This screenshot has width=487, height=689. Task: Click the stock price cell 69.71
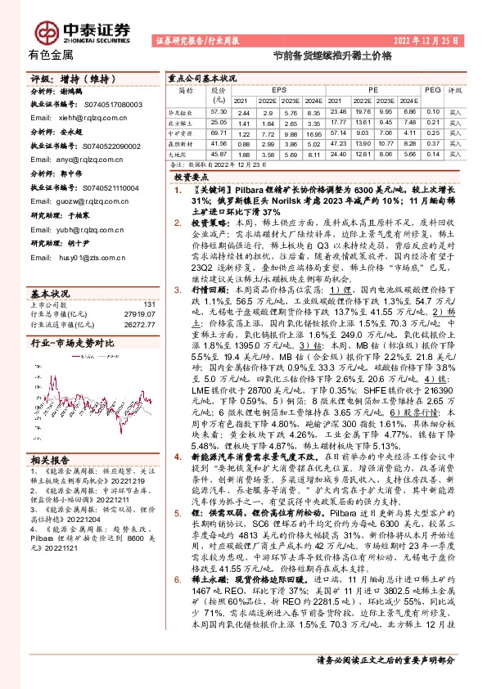tap(218, 132)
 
